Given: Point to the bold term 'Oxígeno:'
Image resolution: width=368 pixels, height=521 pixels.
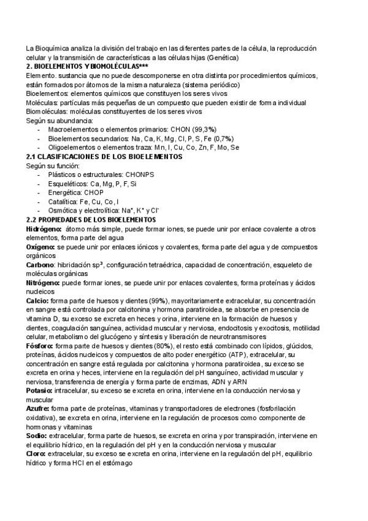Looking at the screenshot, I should click(41, 247).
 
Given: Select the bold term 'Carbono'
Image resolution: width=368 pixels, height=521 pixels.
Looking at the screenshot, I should click(40, 265).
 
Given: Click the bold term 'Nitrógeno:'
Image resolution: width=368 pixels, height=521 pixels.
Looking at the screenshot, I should click(43, 283).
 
